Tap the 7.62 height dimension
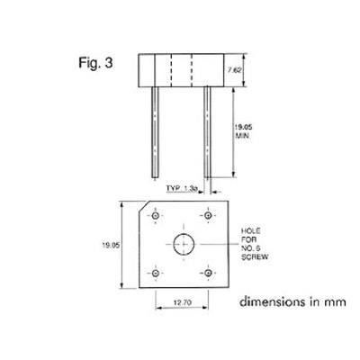tap(231, 69)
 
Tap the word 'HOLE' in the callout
tap(249, 231)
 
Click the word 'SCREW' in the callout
tap(252, 259)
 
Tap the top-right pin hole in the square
tap(208, 217)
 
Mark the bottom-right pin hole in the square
tap(208, 271)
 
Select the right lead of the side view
tap(207, 131)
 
